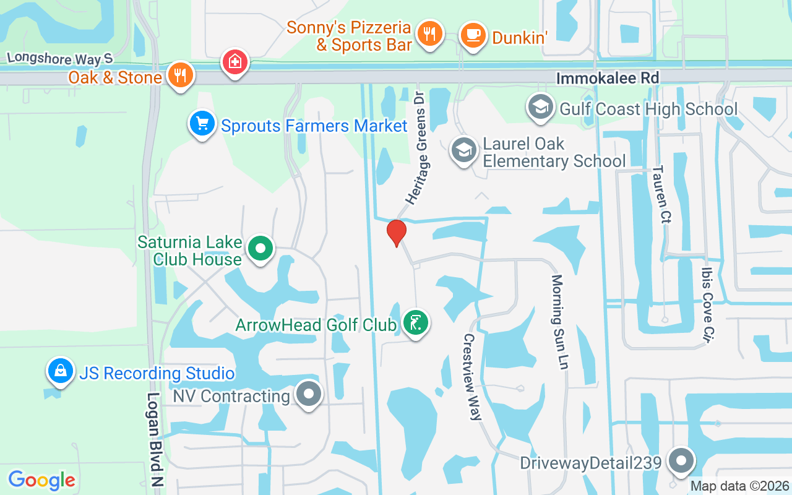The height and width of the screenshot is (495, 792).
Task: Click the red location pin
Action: pyautogui.click(x=396, y=233)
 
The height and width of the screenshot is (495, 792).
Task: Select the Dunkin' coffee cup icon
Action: pyautogui.click(x=473, y=35)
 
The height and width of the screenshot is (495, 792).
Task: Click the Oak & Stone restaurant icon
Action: pyautogui.click(x=180, y=75)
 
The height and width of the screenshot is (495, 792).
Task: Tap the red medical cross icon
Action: pyautogui.click(x=235, y=62)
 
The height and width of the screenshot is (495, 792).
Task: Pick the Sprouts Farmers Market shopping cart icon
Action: pyautogui.click(x=202, y=124)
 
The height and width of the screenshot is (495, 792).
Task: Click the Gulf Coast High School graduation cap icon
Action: pyautogui.click(x=540, y=107)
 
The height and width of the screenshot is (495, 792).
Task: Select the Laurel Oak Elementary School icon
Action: pyautogui.click(x=463, y=150)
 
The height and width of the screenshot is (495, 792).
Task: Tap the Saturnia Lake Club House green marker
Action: pyautogui.click(x=260, y=249)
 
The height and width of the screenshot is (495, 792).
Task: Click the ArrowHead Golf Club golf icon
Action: pyautogui.click(x=416, y=323)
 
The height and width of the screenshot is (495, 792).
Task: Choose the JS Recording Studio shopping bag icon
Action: pyautogui.click(x=61, y=371)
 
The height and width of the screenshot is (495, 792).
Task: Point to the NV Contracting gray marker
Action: pyautogui.click(x=308, y=394)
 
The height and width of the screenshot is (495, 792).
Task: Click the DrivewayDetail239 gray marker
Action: pyautogui.click(x=681, y=461)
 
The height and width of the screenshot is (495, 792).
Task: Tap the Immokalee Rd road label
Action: pyautogui.click(x=608, y=78)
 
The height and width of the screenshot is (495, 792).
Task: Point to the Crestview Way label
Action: pyautogui.click(x=472, y=377)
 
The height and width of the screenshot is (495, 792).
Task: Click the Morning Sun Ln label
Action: pyautogui.click(x=559, y=322)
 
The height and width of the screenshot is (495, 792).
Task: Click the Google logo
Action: pyautogui.click(x=42, y=480)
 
